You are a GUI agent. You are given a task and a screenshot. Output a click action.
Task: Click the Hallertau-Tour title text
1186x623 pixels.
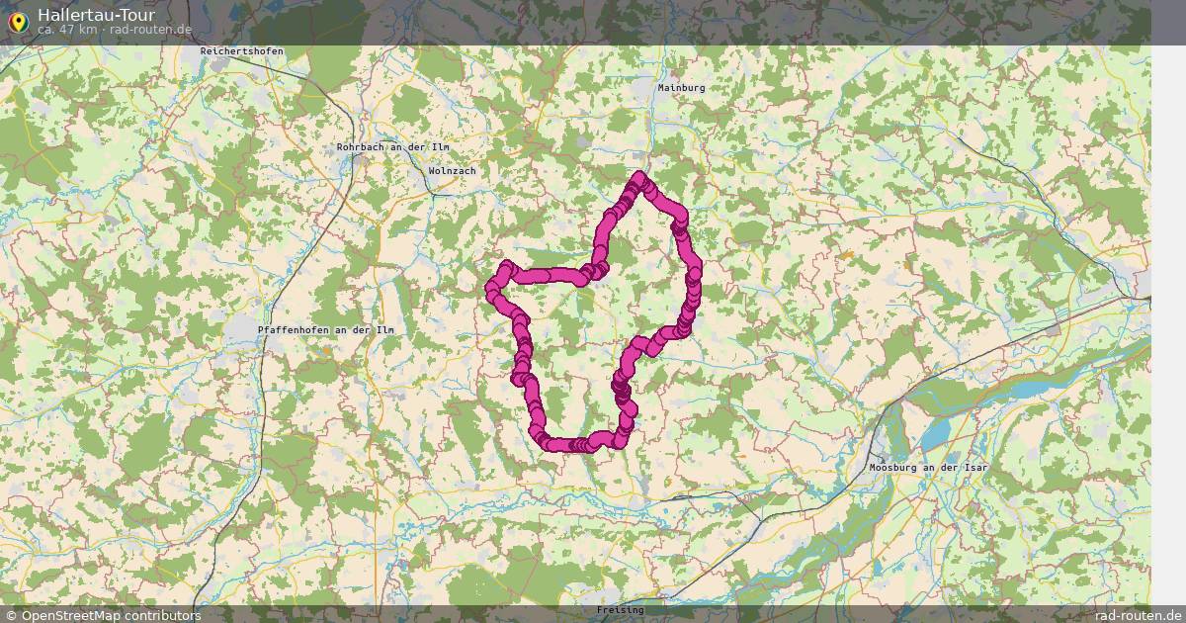point(96,15)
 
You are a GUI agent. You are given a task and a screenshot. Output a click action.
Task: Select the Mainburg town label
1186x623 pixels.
point(681,87)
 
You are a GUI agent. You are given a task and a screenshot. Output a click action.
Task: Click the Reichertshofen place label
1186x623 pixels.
point(241,50)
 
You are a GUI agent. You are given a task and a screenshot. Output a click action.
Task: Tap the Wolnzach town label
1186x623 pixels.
point(453,171)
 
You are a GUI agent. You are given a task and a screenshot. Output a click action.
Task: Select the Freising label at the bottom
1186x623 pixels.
point(620,610)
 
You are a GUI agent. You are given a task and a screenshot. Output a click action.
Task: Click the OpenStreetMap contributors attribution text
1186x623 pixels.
point(111,615)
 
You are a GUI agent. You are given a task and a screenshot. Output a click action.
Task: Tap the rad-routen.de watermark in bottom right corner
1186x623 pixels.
point(1138,615)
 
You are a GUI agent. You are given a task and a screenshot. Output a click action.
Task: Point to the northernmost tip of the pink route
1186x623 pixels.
point(640,178)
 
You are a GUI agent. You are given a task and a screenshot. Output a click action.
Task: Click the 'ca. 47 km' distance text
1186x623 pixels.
point(66,30)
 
